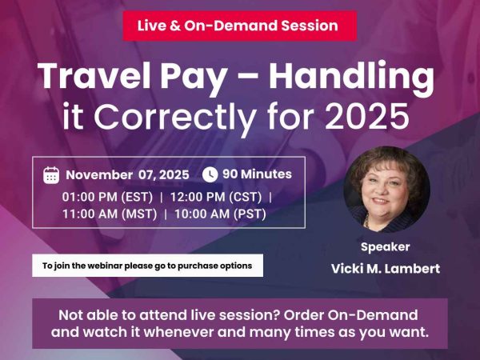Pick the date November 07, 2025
point(127,174)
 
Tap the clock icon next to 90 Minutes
point(210,174)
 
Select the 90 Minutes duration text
point(257,174)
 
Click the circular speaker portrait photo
point(386,188)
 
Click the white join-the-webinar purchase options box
point(147,266)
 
